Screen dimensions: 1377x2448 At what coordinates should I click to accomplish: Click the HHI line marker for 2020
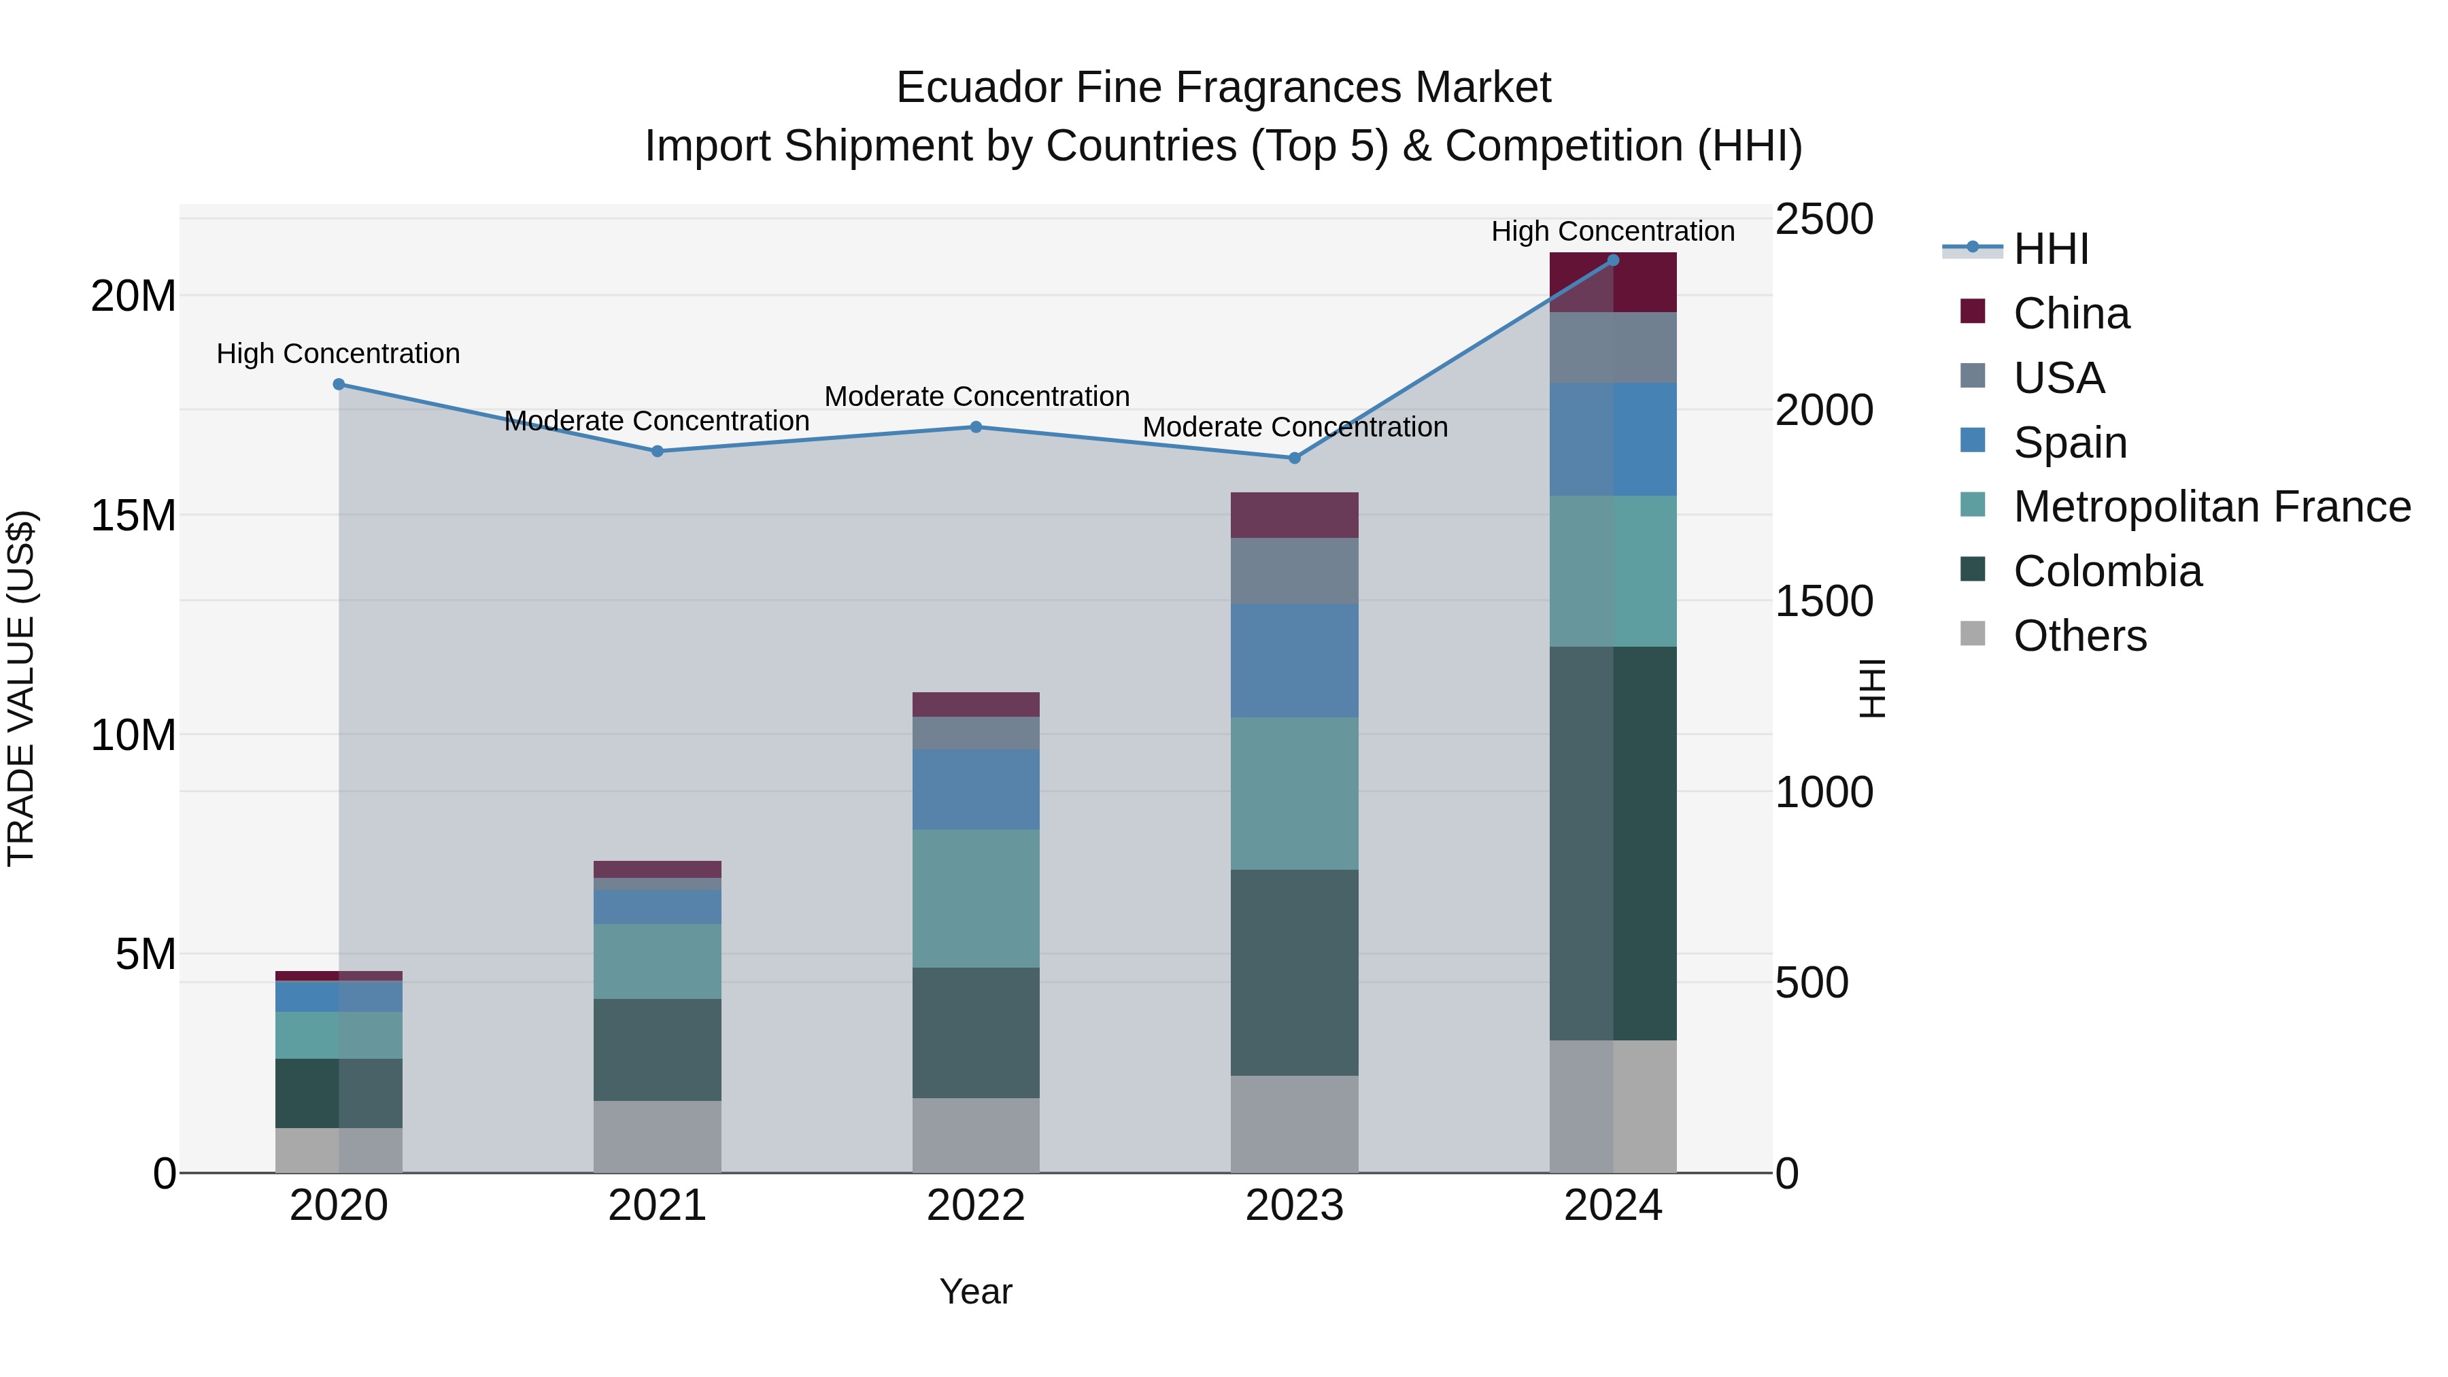pos(339,385)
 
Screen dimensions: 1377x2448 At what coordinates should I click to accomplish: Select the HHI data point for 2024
pos(1613,260)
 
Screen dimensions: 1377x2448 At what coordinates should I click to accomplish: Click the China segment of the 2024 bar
pos(1613,283)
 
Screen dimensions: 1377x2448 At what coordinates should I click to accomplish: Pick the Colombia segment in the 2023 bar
pos(1294,972)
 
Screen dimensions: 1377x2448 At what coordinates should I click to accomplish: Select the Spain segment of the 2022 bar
pos(976,789)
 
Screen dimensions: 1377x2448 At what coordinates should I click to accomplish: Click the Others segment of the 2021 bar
pos(658,1136)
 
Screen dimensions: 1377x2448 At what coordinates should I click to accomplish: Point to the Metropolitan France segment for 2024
pos(1613,571)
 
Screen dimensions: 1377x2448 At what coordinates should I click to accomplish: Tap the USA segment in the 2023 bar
pos(1294,571)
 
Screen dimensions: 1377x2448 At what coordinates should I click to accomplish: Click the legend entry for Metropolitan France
pos(2211,507)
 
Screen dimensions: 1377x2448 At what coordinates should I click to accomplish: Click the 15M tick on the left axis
pos(133,516)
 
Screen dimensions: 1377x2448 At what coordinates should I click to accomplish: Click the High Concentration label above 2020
pos(339,354)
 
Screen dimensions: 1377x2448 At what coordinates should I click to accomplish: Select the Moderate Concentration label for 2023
pos(1294,428)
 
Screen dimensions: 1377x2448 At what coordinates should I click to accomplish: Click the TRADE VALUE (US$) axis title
pos(21,688)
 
